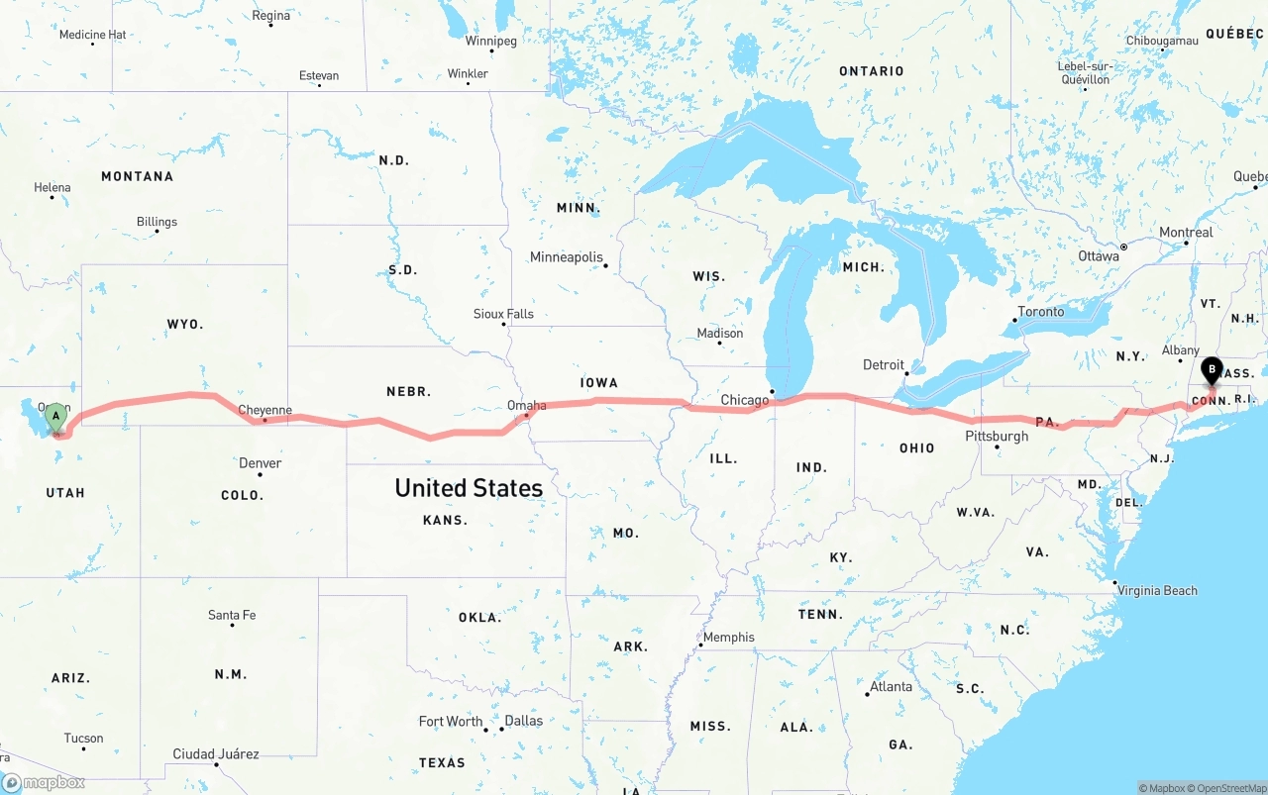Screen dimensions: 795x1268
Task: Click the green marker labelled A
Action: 56,417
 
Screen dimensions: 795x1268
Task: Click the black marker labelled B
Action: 1211,372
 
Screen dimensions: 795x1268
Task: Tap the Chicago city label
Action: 744,400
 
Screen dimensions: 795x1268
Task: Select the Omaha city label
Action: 526,405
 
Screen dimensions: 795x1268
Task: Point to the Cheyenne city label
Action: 264,410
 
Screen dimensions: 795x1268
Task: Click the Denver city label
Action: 260,463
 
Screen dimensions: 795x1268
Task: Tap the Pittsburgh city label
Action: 997,436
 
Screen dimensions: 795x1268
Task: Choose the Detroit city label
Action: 884,364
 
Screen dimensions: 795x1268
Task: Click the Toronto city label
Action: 1040,312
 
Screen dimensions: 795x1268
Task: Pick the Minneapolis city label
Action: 566,257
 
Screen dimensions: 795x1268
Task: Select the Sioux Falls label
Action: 503,314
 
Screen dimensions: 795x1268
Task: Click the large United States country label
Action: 469,487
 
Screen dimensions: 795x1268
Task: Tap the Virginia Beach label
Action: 1157,591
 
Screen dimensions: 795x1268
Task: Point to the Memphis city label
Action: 728,637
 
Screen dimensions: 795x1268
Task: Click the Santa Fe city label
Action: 232,615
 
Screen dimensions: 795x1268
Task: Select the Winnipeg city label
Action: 490,42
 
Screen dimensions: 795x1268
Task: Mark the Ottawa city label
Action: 1098,256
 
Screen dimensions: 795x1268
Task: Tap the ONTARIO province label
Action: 871,71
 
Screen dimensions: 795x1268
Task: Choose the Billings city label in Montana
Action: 157,222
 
